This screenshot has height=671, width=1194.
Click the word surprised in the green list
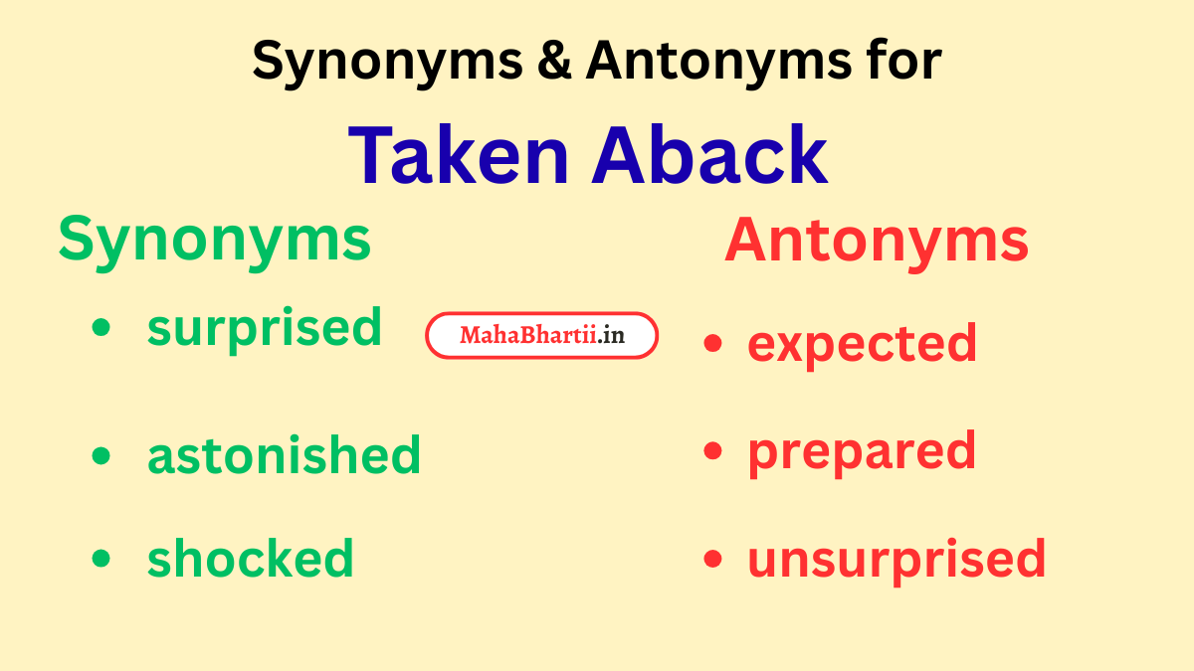point(265,328)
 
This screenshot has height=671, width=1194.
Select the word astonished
point(285,455)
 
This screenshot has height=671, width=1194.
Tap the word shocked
point(251,559)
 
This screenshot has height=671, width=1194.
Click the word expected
point(862,344)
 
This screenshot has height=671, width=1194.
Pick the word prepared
point(862,452)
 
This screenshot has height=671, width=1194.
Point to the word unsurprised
point(896,559)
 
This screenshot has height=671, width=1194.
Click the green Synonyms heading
point(215,240)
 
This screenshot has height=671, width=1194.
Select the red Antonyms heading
point(877,241)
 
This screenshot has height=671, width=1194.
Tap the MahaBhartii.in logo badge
point(542,336)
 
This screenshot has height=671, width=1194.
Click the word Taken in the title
point(462,157)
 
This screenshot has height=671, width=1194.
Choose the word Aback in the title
point(710,157)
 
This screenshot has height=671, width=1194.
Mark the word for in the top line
point(899,62)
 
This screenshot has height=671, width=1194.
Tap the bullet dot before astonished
point(100,455)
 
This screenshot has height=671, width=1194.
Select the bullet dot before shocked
point(100,559)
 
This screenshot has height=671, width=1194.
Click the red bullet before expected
point(711,344)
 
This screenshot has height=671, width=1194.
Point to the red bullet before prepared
point(711,451)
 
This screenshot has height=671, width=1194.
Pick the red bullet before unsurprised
point(711,559)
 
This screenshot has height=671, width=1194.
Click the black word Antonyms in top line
point(712,62)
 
